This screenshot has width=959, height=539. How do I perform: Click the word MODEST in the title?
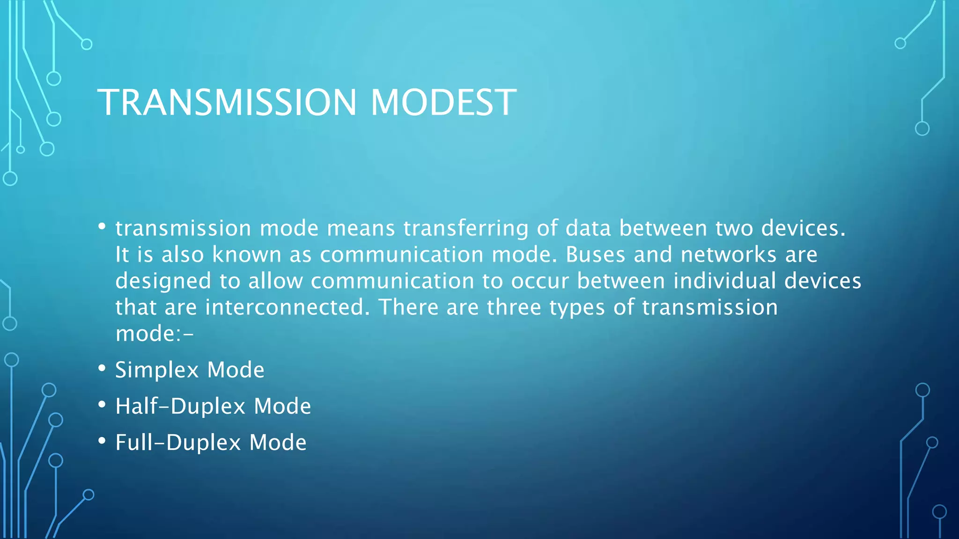coord(443,102)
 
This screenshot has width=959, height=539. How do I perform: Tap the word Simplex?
coord(157,370)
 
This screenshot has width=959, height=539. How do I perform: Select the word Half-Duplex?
coord(180,406)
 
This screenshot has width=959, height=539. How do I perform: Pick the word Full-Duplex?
coord(178,443)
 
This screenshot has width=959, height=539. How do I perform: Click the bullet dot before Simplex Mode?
coord(102,368)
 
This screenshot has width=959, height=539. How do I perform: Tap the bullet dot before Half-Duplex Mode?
coord(102,404)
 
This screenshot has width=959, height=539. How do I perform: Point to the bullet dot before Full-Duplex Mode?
coord(102,440)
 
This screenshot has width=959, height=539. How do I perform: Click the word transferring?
coord(465,229)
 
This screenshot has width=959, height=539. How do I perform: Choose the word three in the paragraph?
coord(514,307)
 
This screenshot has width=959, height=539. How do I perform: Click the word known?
coord(246,255)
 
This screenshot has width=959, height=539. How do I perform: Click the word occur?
coord(539,281)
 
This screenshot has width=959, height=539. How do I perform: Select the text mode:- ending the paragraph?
coord(154,334)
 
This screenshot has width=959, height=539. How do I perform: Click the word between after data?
coord(663,229)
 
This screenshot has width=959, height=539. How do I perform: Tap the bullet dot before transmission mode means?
coord(102,226)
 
